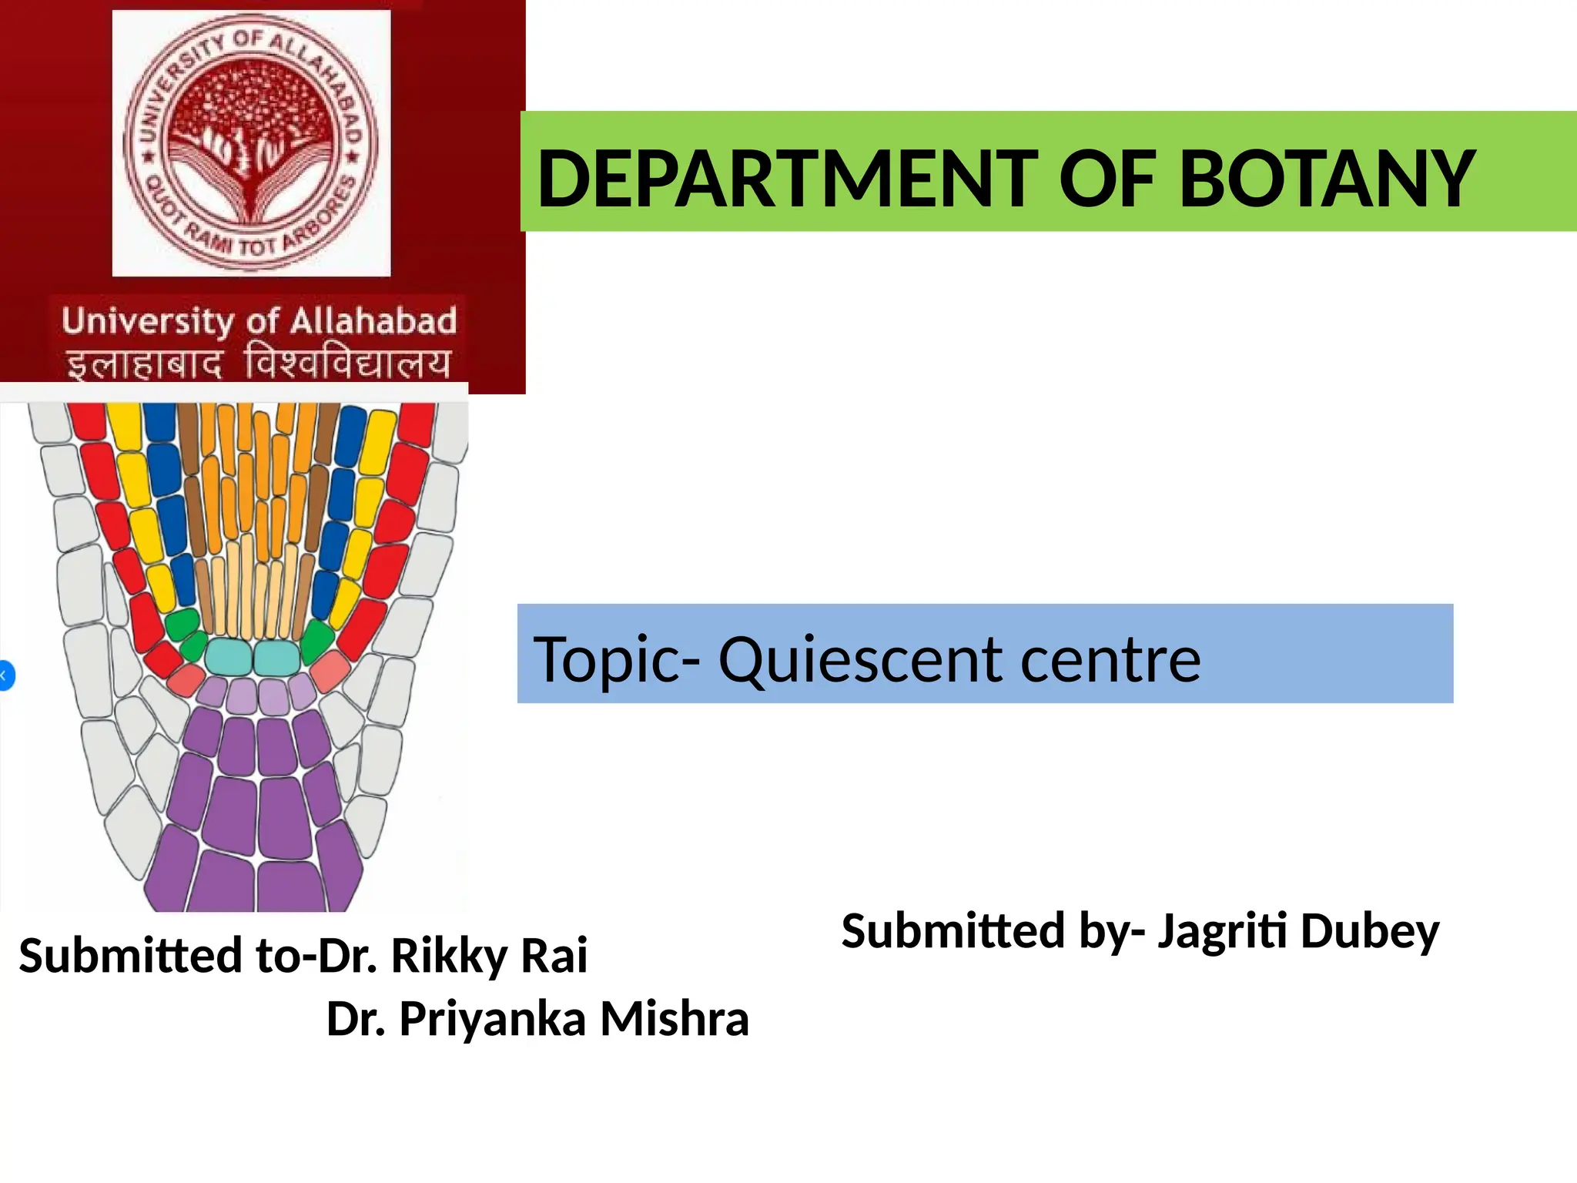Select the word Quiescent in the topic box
click(861, 659)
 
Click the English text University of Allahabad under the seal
click(259, 321)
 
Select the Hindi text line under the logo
click(259, 364)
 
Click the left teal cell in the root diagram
click(229, 656)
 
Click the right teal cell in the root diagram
click(276, 657)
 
